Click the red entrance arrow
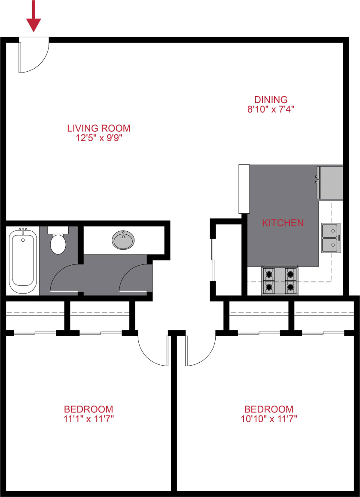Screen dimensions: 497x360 (x=34, y=17)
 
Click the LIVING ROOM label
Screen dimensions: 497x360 (x=98, y=128)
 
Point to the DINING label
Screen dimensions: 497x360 (x=270, y=100)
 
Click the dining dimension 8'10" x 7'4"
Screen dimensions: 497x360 (x=270, y=109)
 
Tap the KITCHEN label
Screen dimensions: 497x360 (x=283, y=223)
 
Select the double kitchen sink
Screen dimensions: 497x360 (x=331, y=238)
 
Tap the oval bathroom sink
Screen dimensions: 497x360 (x=123, y=240)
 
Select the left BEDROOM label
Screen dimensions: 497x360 (x=88, y=409)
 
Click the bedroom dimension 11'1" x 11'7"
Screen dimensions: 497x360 (x=88, y=418)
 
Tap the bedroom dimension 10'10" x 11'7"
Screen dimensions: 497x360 (x=268, y=418)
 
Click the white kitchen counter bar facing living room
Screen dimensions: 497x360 (x=244, y=189)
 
